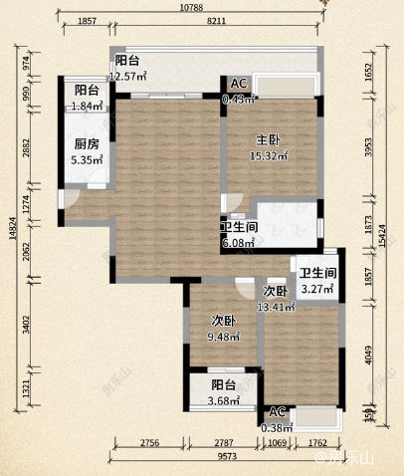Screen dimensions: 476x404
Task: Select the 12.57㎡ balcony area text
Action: click(x=128, y=76)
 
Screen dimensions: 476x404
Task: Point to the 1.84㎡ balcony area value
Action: click(x=88, y=105)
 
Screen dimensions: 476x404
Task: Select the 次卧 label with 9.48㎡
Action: click(x=223, y=322)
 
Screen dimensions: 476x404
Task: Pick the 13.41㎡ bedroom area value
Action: click(x=276, y=306)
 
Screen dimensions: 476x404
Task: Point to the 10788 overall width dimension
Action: click(x=193, y=7)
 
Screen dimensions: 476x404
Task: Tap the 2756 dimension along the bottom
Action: click(x=148, y=450)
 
